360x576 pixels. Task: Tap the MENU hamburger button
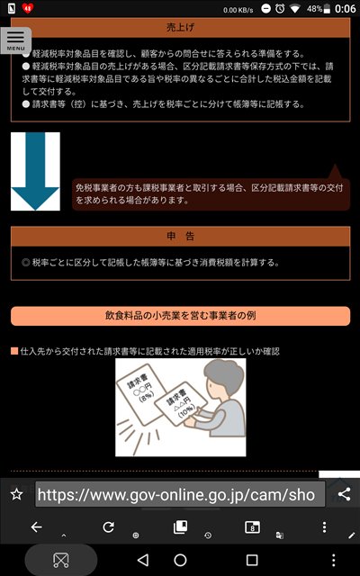click(x=16, y=40)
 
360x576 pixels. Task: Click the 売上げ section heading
click(x=180, y=28)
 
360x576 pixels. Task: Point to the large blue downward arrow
click(x=35, y=171)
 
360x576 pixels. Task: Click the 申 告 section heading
click(x=180, y=236)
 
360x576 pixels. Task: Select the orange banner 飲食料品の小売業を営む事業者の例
click(x=180, y=316)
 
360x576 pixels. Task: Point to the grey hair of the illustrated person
click(x=225, y=375)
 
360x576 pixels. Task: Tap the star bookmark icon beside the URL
click(x=17, y=494)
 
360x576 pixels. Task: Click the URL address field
click(x=180, y=494)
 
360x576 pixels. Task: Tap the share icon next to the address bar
click(x=344, y=494)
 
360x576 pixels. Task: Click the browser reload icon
click(x=108, y=527)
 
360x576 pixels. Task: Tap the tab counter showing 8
click(x=252, y=527)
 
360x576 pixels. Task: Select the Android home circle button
click(x=180, y=560)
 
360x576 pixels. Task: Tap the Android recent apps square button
click(x=252, y=560)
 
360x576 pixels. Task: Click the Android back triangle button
click(x=142, y=560)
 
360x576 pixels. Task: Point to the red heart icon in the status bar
click(x=28, y=8)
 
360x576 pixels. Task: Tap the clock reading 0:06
click(x=346, y=8)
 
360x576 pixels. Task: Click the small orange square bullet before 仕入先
click(x=14, y=352)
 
